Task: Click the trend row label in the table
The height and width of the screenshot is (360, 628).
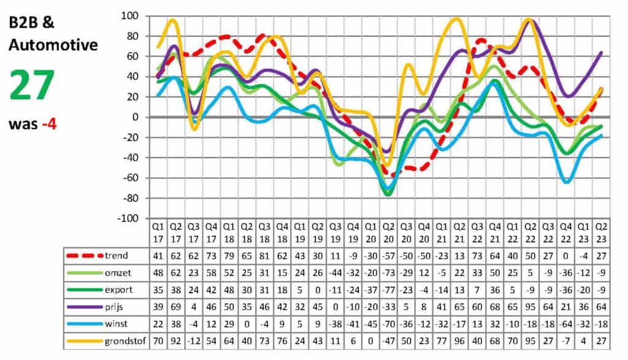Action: pyautogui.click(x=117, y=255)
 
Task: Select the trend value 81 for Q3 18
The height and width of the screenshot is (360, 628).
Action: pyautogui.click(x=264, y=255)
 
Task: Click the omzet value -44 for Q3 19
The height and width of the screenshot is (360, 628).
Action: pyautogui.click(x=335, y=272)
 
